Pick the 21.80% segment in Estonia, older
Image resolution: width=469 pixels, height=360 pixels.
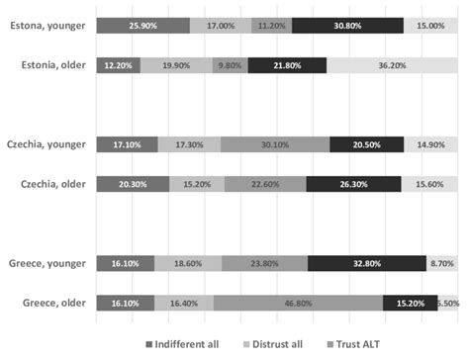coord(287,66)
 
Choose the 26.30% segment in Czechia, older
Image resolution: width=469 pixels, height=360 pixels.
coord(353,184)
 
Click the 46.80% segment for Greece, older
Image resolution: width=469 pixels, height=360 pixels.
coord(299,303)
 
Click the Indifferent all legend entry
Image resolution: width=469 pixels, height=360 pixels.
coord(190,344)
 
